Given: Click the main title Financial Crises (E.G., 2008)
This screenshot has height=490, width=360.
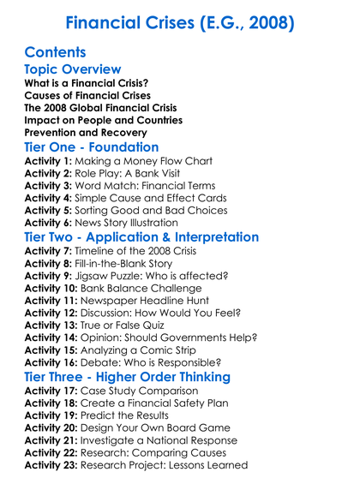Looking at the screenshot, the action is [x=180, y=22].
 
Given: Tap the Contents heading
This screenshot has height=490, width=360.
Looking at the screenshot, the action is [x=55, y=51].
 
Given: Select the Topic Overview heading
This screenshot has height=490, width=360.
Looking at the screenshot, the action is [x=73, y=69].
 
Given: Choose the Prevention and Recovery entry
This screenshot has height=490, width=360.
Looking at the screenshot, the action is [x=79, y=133].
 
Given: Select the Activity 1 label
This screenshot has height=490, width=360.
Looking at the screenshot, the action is [x=49, y=161].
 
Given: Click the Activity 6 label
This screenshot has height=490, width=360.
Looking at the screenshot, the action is [x=49, y=223].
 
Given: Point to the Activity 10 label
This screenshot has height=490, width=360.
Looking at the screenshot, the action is [x=52, y=289].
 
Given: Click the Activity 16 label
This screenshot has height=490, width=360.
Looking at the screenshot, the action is [x=52, y=364].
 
